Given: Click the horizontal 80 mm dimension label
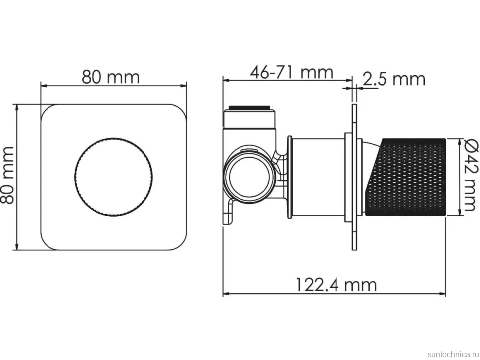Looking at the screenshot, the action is click(x=110, y=77).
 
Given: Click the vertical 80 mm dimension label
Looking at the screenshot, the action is click(x=7, y=175).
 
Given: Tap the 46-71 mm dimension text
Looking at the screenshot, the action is click(x=291, y=73).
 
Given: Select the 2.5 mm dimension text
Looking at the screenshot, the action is click(x=394, y=79).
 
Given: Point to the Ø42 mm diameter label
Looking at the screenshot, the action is click(x=471, y=175).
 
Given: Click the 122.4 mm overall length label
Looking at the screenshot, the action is click(x=336, y=285).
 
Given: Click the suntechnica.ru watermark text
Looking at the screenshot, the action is click(x=453, y=354).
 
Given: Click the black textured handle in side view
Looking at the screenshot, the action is click(x=406, y=178).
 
